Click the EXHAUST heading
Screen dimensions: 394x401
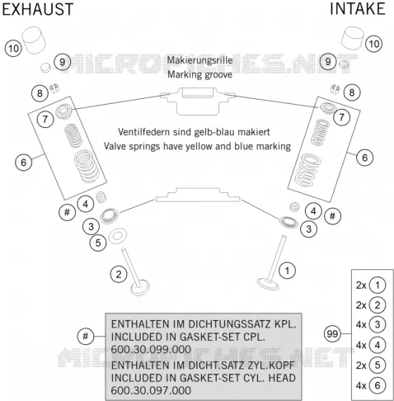(x=38, y=9)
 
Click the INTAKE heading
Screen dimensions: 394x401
(x=358, y=8)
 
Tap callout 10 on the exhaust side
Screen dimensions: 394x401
(x=13, y=49)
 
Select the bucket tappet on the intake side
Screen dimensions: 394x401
(x=353, y=38)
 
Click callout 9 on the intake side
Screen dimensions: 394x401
(x=328, y=61)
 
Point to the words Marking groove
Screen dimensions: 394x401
(x=199, y=74)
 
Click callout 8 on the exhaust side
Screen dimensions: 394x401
(x=40, y=93)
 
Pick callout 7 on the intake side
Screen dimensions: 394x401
(x=341, y=117)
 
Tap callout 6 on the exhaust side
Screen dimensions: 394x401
(x=23, y=162)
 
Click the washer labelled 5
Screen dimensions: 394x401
(x=118, y=236)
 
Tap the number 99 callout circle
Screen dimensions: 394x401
(x=332, y=333)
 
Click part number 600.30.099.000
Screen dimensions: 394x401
(x=151, y=349)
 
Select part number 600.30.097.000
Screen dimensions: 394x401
(x=151, y=390)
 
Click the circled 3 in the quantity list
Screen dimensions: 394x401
(x=378, y=324)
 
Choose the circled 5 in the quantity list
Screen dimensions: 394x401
(x=378, y=366)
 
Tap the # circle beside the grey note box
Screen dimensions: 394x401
(x=86, y=336)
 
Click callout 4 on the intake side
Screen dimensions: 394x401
(x=313, y=211)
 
